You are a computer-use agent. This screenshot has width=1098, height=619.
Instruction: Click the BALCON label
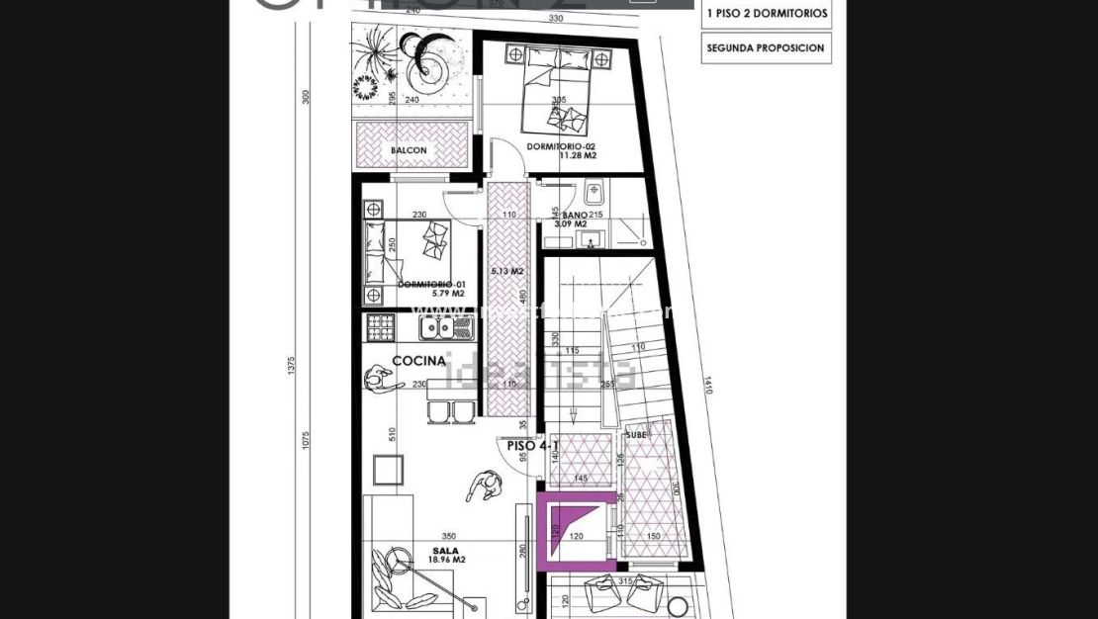pos(409,150)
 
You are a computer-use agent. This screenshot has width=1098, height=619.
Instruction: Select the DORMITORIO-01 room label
pos(431,284)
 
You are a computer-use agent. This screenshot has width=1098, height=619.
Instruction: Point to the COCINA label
pos(418,362)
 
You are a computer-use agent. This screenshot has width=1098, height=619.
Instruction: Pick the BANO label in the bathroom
pos(575,216)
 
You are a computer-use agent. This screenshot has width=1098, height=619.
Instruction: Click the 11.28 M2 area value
pos(577,155)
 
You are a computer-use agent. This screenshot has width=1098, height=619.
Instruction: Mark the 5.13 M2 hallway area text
pos(506,271)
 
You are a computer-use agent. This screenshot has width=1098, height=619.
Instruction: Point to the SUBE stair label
pos(636,433)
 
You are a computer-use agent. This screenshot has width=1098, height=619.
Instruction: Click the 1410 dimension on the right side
pos(709,383)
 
